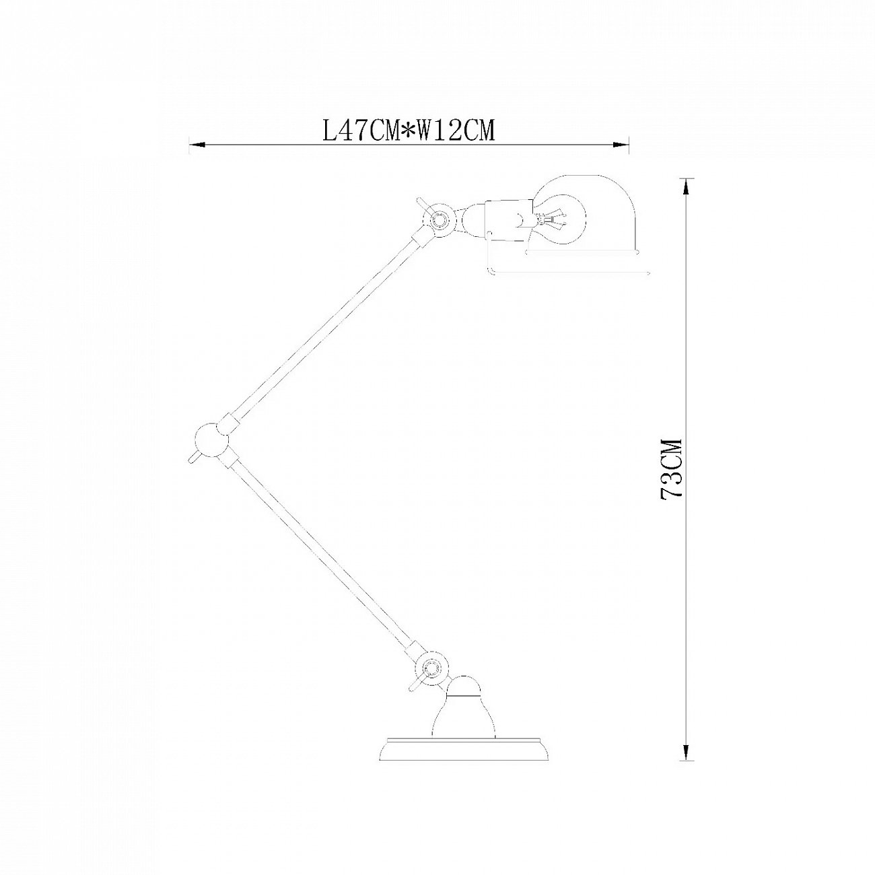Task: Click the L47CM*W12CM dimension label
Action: (409, 130)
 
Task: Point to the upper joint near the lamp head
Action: (441, 219)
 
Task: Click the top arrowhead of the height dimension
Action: (685, 184)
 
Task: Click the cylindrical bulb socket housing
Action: (506, 219)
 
